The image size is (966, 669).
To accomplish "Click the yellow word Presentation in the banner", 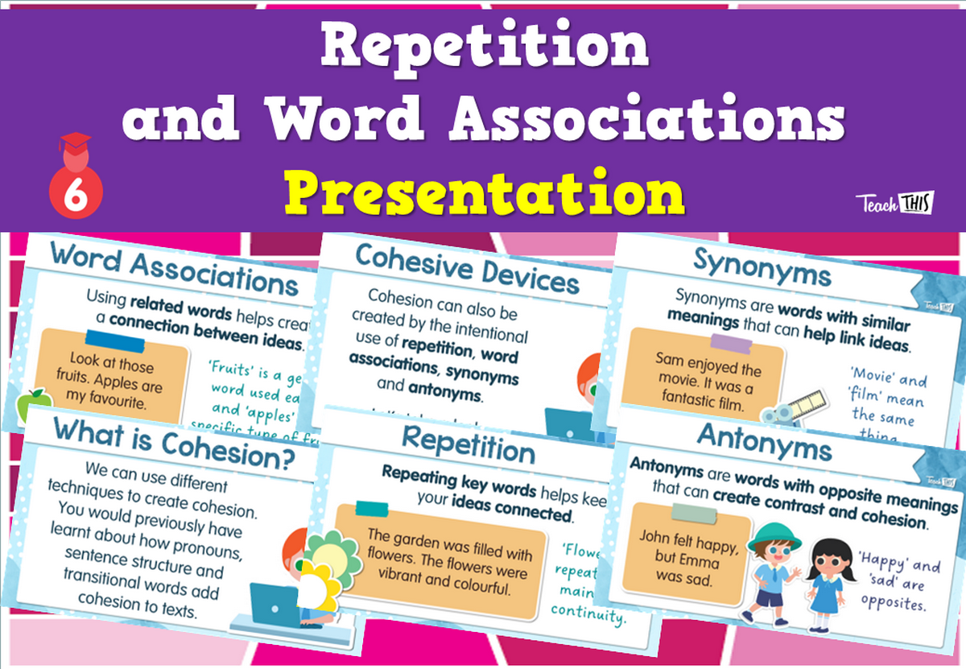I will (484, 193).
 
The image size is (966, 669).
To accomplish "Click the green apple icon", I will (34, 399).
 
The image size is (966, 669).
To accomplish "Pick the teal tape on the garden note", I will (371, 508).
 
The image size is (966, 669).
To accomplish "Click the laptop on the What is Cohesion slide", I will (273, 605).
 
